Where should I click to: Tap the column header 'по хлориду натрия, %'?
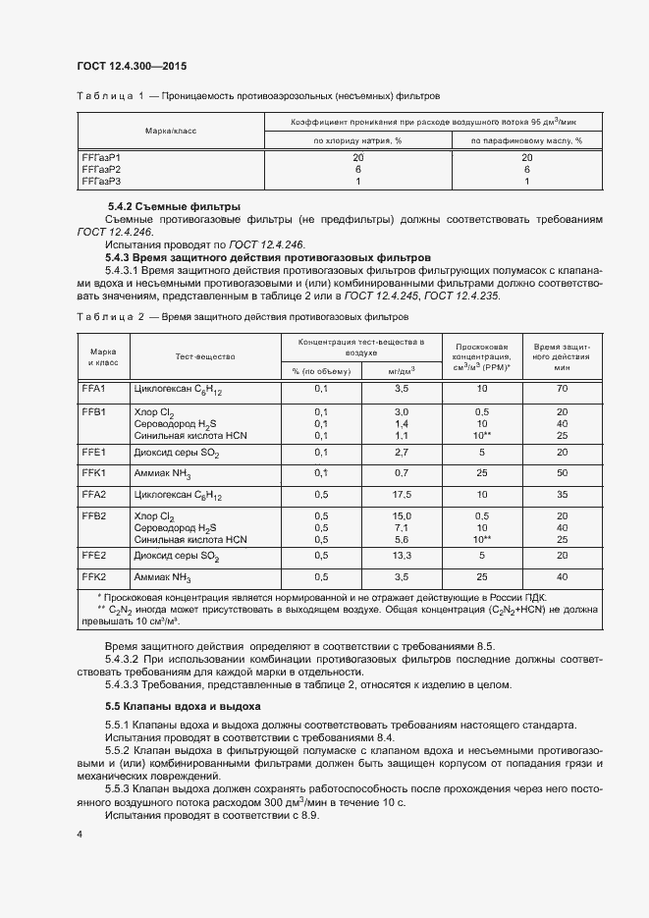(x=357, y=140)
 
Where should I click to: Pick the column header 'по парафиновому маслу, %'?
(x=526, y=140)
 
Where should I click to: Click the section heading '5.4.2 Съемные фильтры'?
(x=173, y=207)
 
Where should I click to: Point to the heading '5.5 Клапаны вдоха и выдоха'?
(x=183, y=706)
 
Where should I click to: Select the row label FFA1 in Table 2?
(x=94, y=390)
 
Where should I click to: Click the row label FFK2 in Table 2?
(x=94, y=576)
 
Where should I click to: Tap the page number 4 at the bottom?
(x=79, y=834)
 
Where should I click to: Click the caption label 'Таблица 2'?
(x=110, y=318)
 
